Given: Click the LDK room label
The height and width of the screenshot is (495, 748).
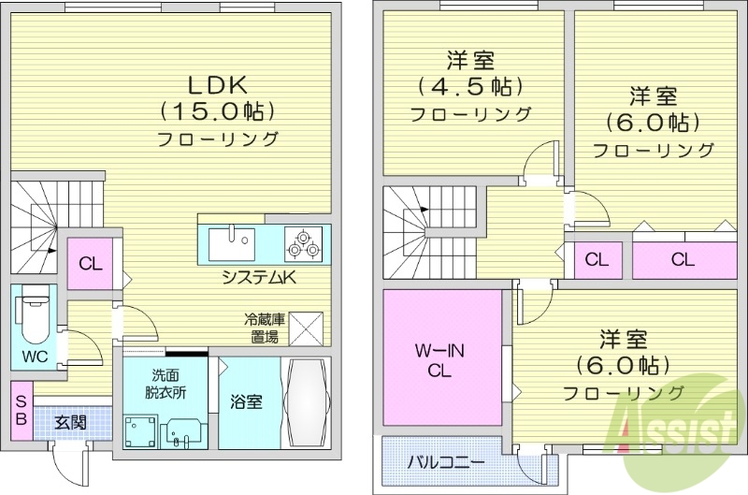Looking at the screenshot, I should (218, 85).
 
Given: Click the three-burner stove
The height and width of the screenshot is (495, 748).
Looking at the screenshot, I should (303, 244).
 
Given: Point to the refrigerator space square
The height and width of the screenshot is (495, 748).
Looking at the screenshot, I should (306, 328).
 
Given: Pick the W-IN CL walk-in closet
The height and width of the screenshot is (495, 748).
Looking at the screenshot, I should (441, 360).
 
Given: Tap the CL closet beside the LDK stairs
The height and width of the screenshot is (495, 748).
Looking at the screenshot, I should (90, 263).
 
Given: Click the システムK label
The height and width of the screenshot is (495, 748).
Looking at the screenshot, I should (259, 277).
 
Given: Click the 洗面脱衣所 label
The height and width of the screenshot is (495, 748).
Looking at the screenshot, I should (165, 384).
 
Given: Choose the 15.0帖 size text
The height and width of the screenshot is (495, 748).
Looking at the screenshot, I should (218, 111).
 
